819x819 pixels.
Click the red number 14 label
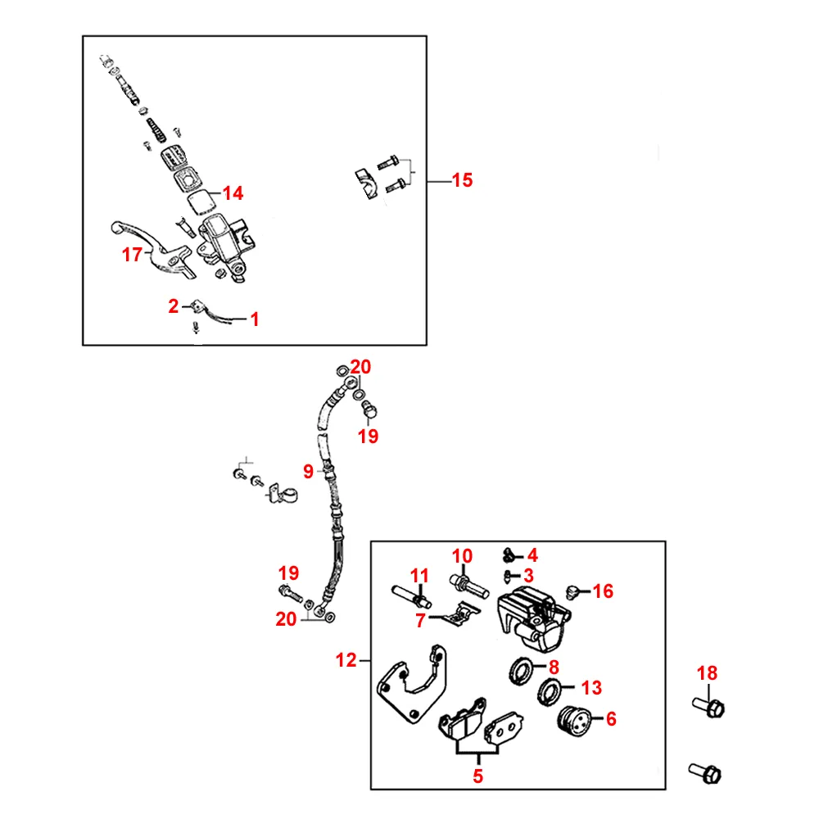[x=233, y=193]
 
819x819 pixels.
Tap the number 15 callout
[x=462, y=180]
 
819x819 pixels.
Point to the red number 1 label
[x=255, y=319]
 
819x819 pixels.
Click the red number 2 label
[x=173, y=306]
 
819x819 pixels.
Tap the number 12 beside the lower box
[x=346, y=660]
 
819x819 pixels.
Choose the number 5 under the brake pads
[x=478, y=776]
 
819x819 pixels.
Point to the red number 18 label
[x=707, y=673]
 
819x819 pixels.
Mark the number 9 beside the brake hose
[x=308, y=471]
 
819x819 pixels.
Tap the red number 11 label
[x=419, y=576]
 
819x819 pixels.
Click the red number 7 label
[x=421, y=620]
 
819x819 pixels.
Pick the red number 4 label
[x=532, y=554]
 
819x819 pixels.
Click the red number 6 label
[x=610, y=719]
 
